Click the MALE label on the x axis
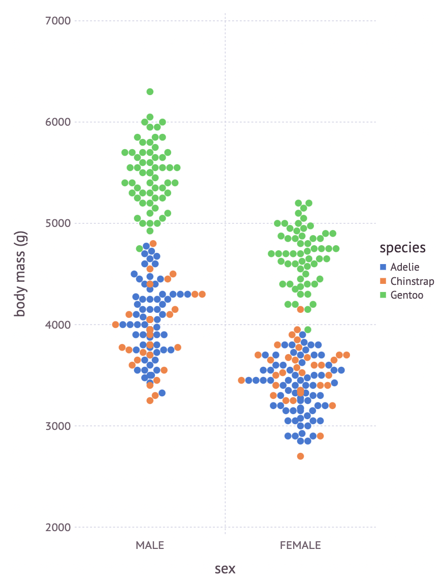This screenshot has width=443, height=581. coord(150,546)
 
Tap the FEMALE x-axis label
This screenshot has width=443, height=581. coord(300,546)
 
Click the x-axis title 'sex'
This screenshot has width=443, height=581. coord(225,569)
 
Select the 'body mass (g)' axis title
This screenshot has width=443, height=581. coord(20,274)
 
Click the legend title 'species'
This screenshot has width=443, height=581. coord(403,248)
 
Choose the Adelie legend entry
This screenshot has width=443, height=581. coord(405,267)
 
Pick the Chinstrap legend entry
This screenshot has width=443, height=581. coord(412,281)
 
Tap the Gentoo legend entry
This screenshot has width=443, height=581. coord(406,295)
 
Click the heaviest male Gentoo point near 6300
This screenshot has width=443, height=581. coord(150,92)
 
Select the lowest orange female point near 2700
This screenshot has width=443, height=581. coord(300,456)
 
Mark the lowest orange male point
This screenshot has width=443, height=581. coord(150,400)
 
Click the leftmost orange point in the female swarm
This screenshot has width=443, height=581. coord(241,380)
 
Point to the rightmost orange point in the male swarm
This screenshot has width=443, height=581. coord(202,294)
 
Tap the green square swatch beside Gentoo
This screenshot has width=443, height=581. coord(384,295)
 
